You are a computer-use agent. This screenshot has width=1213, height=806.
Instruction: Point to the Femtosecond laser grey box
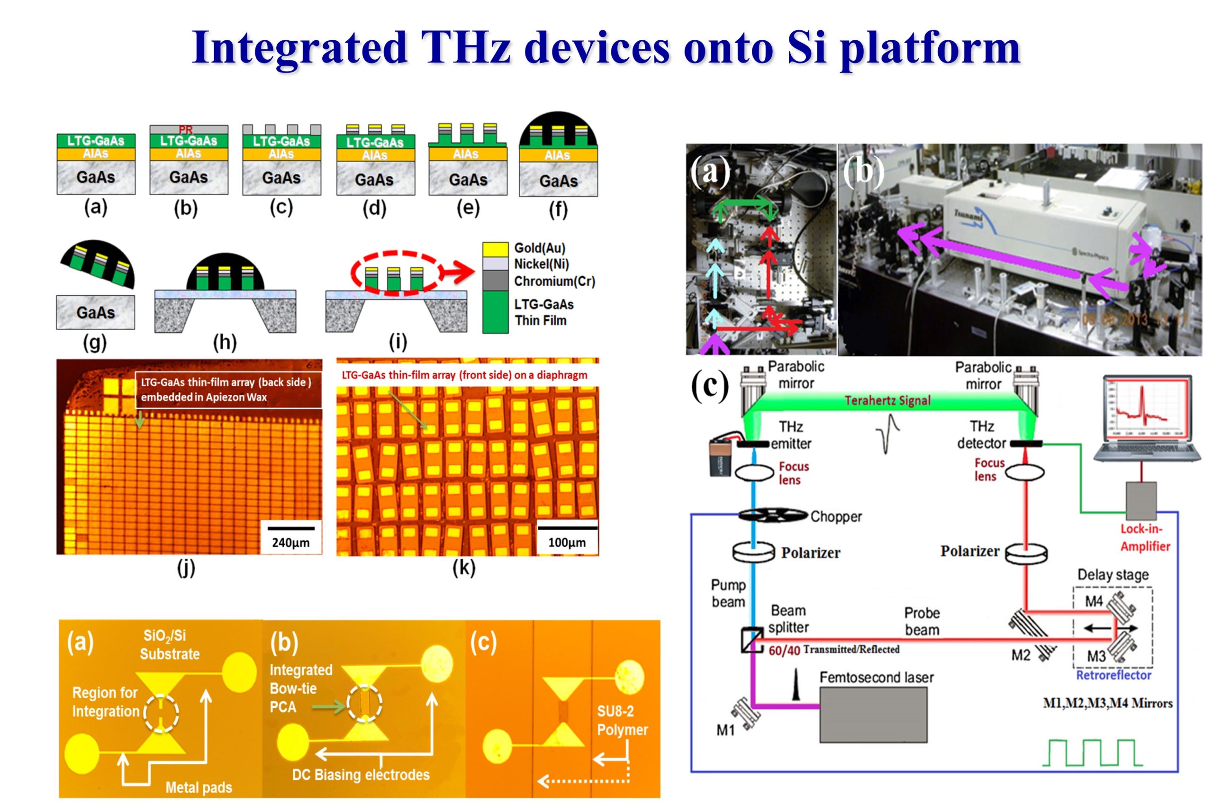[873, 715]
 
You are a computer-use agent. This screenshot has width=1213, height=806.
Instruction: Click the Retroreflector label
[1113, 675]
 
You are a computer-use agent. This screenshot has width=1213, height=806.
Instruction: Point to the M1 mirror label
[726, 730]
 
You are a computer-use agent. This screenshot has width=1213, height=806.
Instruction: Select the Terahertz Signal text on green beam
[887, 400]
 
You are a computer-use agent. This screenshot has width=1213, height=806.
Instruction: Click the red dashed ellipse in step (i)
[395, 273]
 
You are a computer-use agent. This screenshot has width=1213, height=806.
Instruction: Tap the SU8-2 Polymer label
[622, 720]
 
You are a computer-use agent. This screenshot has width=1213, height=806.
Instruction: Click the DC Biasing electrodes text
[360, 775]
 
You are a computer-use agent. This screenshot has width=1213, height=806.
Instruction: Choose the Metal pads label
[199, 788]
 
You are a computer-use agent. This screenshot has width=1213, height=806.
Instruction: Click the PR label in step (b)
[186, 130]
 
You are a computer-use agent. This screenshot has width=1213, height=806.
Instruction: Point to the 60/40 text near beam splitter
[784, 651]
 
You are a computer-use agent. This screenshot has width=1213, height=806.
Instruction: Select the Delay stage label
[1112, 575]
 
